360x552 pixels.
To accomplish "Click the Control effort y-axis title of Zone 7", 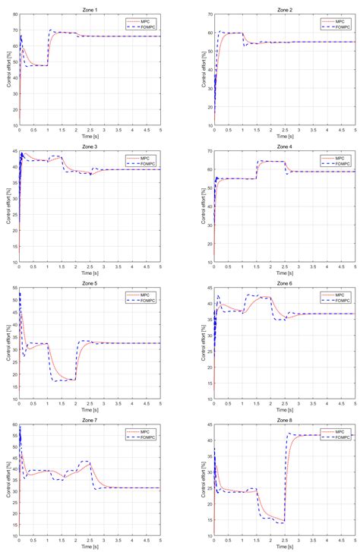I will click(7, 483).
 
